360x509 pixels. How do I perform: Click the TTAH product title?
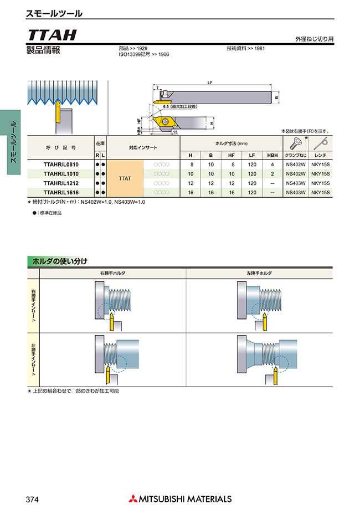pos(51,35)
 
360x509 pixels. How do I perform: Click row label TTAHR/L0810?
pos(61,164)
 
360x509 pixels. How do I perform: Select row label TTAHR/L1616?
pos(61,192)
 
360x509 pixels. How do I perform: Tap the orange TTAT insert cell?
pos(125,178)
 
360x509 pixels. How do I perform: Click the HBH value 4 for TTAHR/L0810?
pos(272,164)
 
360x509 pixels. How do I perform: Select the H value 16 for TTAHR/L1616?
pos(191,192)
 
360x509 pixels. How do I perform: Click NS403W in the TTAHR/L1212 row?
pos(295,183)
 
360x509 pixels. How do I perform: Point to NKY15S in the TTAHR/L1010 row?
pos(320,174)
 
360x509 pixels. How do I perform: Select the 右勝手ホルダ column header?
pos(113,274)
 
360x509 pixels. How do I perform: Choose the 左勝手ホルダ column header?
pos(259,274)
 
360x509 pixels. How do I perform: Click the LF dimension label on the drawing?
pos(210,83)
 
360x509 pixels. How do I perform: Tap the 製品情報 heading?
pos(43,50)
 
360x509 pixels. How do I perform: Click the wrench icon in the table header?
pos(320,143)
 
